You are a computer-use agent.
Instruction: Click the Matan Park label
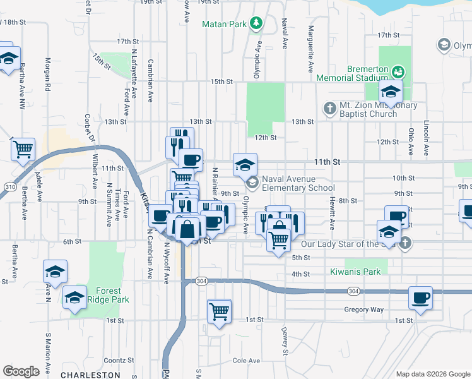pos(224,25)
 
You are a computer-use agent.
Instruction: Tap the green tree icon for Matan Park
pos(256,24)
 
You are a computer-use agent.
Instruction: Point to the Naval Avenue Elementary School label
pos(298,183)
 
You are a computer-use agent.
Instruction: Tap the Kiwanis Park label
pos(355,272)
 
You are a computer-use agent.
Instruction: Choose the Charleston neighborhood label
pos(86,375)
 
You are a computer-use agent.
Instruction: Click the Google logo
pos(21,371)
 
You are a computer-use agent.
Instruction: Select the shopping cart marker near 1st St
pos(219,311)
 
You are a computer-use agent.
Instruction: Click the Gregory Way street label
pos(363,310)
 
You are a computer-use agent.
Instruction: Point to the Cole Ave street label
pos(246,361)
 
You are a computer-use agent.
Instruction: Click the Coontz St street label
pos(115,360)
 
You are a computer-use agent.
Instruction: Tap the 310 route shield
pos(9,188)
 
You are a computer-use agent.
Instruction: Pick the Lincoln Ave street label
pos(427,138)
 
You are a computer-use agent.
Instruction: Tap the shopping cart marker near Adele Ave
pos(23,149)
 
